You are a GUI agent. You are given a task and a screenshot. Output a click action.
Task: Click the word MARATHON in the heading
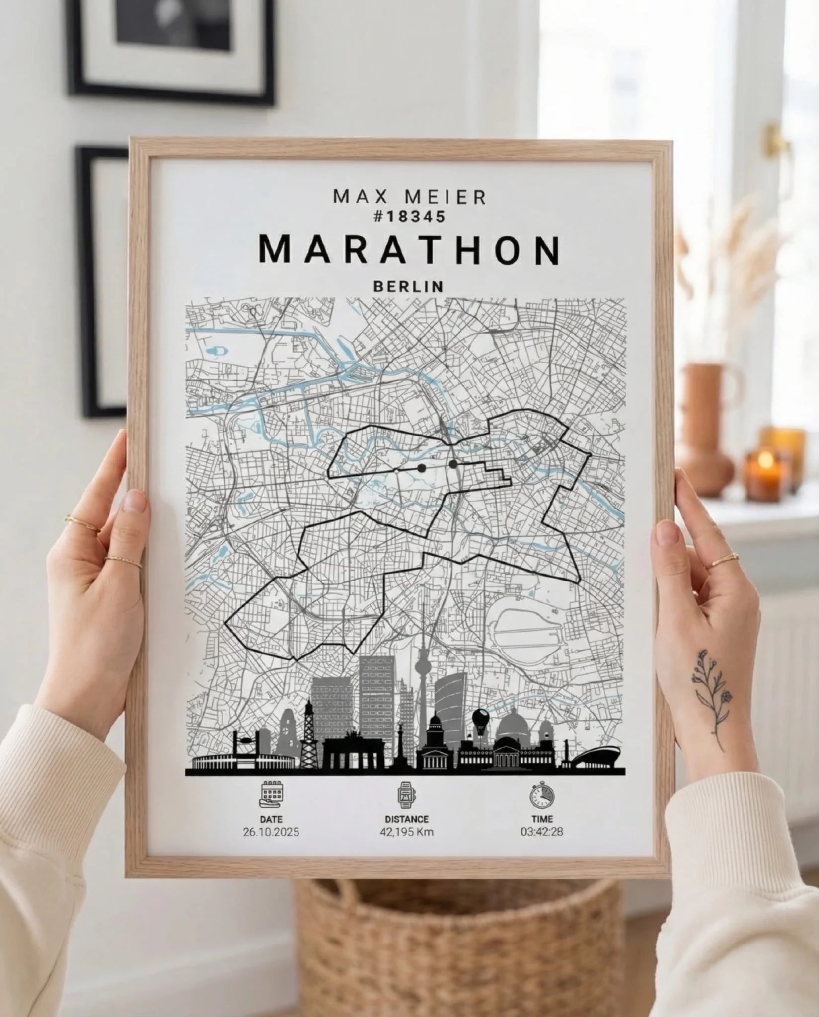[410, 251]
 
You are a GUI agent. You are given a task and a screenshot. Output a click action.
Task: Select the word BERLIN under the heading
[408, 287]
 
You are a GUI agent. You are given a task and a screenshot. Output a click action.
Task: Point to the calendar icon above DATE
[271, 795]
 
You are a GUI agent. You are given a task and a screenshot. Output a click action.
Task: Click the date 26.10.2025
[271, 832]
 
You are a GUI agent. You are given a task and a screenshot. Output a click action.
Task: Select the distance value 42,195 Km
[406, 832]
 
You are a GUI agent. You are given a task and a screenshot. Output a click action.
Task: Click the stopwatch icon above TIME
[542, 795]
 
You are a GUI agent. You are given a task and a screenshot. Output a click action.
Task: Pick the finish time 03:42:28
[542, 832]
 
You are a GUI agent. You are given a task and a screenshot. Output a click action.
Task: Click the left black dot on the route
[422, 468]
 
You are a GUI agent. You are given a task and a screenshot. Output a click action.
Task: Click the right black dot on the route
[453, 464]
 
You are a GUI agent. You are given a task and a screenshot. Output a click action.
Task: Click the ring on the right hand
[723, 560]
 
